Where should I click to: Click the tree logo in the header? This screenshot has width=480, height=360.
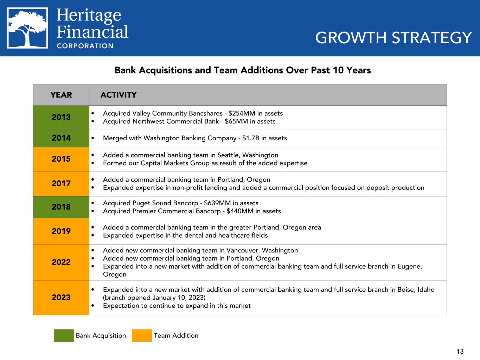[28, 28]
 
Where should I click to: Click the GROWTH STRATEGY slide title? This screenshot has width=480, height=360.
[393, 38]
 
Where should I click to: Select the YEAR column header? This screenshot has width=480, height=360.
[61, 95]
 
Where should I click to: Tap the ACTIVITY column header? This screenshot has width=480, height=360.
[119, 95]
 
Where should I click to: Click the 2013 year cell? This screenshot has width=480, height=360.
[61, 117]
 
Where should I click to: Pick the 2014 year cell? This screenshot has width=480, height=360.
[61, 138]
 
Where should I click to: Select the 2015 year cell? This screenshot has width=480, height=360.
[61, 159]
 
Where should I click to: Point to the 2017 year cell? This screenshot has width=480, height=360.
[61, 184]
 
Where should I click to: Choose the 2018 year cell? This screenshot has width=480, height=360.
[61, 207]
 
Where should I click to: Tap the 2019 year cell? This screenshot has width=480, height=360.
[61, 231]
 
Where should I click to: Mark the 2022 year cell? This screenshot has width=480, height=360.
[61, 262]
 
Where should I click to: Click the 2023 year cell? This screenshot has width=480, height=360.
[61, 297]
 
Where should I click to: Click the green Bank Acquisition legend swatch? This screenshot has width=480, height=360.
[64, 335]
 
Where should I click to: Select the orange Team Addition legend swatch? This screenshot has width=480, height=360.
[142, 335]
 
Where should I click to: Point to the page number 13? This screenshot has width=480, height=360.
[460, 352]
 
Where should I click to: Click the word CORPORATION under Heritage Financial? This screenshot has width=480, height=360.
[85, 46]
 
